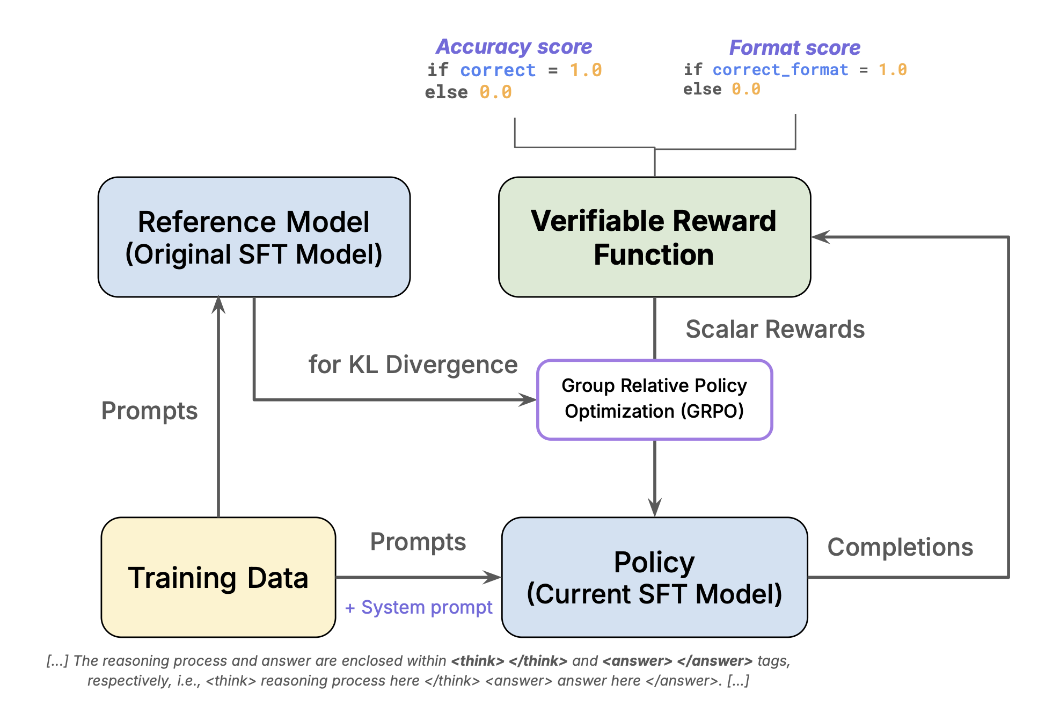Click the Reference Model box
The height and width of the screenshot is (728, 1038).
254,237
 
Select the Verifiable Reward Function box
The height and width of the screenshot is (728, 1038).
654,237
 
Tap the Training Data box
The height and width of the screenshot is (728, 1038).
218,577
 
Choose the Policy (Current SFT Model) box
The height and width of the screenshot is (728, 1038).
654,577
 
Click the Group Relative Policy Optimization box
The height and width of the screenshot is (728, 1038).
654,399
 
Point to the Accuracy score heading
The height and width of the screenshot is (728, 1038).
514,47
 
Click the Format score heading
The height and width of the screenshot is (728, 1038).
794,48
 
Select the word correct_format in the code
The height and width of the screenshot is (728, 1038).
780,70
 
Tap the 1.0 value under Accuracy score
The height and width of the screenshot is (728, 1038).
586,70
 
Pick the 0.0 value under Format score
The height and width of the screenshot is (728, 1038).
745,89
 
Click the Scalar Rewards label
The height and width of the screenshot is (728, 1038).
774,329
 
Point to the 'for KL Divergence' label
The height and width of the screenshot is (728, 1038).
413,365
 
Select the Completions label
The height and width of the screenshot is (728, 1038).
900,547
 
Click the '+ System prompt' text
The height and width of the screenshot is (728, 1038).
419,607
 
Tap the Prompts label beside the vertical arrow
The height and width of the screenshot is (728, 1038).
149,411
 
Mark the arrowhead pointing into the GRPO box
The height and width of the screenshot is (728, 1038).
528,399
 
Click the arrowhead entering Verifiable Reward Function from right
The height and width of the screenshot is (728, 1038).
820,237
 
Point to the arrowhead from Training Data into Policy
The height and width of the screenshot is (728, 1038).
493,577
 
